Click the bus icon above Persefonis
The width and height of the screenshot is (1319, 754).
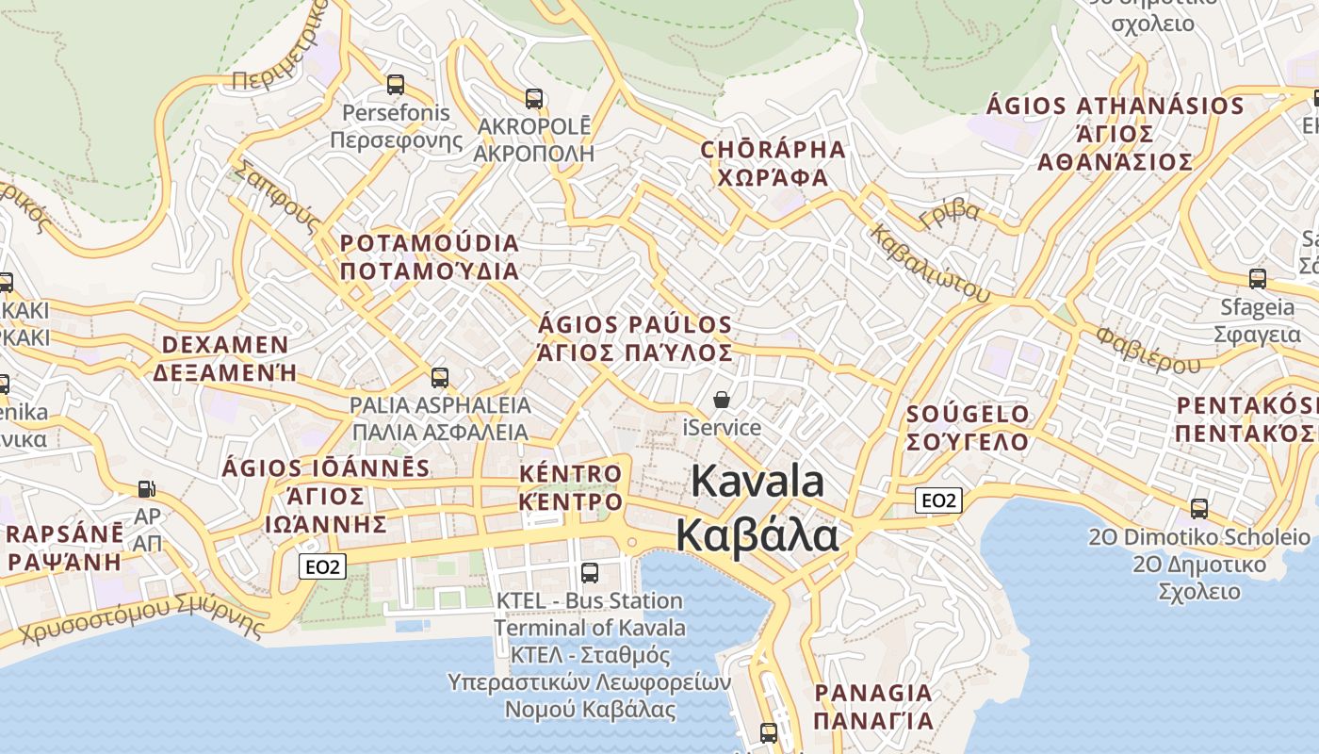click(x=396, y=85)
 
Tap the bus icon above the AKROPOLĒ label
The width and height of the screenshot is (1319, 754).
click(x=534, y=98)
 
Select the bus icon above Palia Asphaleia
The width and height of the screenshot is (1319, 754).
click(x=440, y=378)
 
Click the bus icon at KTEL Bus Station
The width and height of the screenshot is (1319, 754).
click(x=590, y=572)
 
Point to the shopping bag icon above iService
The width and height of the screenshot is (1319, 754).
click(x=722, y=400)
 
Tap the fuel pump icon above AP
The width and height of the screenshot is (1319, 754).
click(x=146, y=489)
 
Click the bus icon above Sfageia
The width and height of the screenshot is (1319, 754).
click(x=1258, y=278)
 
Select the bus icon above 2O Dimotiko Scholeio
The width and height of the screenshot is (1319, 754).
click(x=1199, y=508)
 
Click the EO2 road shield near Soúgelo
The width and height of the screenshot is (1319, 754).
click(x=938, y=500)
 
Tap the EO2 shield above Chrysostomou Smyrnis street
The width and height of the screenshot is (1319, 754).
click(x=323, y=566)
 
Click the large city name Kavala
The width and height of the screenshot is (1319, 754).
click(x=757, y=481)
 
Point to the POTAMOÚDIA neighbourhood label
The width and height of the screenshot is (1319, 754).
click(x=430, y=243)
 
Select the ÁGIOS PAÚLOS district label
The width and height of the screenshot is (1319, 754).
click(x=635, y=325)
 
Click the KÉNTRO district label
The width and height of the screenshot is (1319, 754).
click(x=571, y=473)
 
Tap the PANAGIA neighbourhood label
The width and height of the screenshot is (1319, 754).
click(x=873, y=693)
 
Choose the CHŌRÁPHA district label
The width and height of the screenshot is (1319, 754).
click(x=773, y=150)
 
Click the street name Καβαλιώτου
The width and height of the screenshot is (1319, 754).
click(x=930, y=263)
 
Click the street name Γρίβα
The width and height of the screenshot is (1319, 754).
click(x=950, y=213)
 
